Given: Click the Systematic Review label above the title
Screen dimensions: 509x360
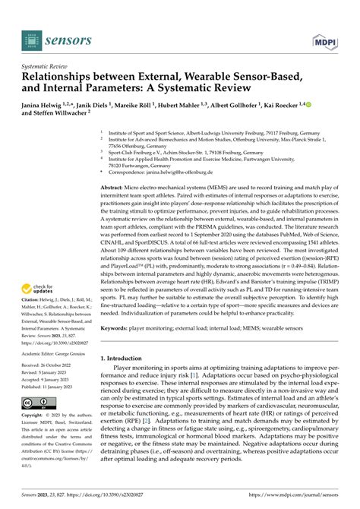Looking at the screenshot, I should (x=46, y=66).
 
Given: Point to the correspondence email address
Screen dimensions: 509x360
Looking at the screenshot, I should (x=191, y=172).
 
